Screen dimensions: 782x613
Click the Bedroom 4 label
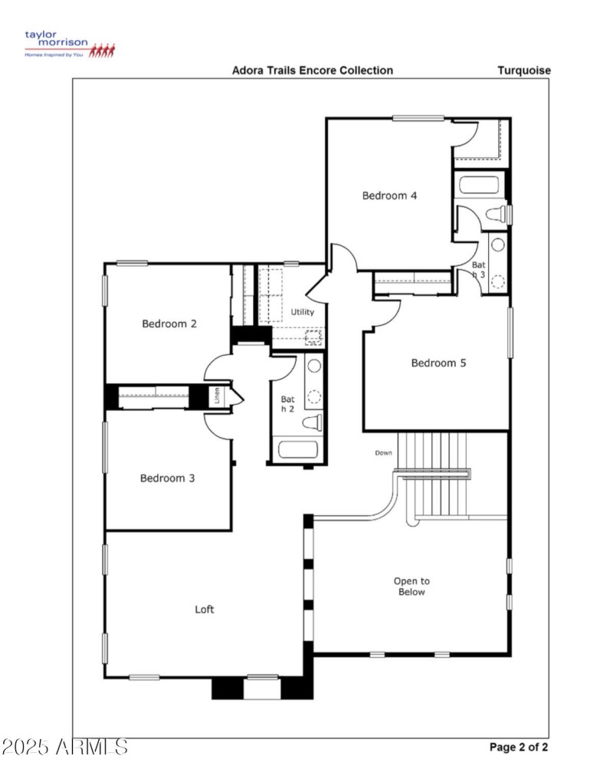pos(389,195)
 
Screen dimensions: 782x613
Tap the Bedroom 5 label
pos(438,363)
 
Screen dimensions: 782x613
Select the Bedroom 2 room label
pos(169,324)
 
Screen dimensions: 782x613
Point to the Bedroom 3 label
pos(167,478)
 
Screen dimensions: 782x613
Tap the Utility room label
pos(302,312)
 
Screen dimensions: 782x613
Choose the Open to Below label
pos(411,586)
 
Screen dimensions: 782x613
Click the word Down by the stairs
pos(383,453)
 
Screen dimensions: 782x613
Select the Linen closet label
pos(218,397)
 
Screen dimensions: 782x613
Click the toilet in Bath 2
pos(312,422)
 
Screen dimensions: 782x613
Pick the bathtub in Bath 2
pos(298,449)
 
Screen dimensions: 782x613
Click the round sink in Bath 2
pos(313,366)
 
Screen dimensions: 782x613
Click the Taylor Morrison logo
pos(69,44)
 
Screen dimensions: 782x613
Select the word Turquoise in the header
pos(524,71)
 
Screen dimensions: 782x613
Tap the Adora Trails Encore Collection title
pos(313,71)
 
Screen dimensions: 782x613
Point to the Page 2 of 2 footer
pos(518,747)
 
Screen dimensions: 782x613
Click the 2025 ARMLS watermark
pos(64,747)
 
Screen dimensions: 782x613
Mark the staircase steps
pos(434,475)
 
